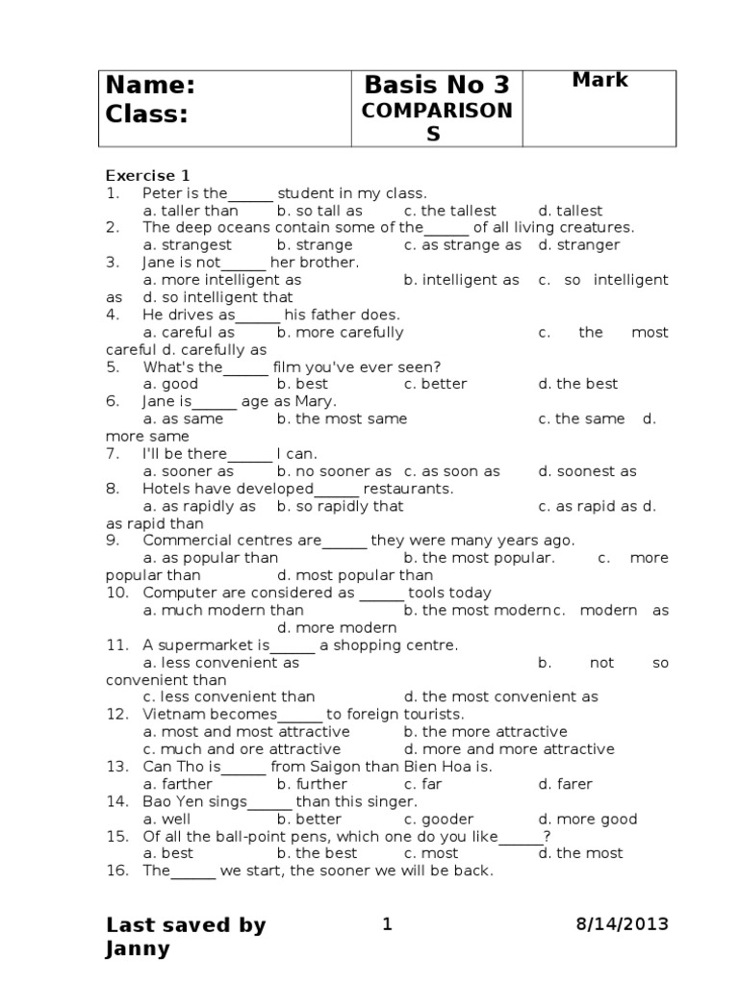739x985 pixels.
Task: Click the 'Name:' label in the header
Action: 150,86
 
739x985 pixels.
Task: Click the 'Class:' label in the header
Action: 146,114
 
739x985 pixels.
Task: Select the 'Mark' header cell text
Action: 599,80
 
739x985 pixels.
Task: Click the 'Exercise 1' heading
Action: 147,175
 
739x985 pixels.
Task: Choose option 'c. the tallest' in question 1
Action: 449,211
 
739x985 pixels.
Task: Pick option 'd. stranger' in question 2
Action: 578,245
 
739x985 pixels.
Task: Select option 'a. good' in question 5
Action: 170,384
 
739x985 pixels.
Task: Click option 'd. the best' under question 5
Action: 577,384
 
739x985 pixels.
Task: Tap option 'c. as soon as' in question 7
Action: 451,471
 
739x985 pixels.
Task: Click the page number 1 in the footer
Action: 388,924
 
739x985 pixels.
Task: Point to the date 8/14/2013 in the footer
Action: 622,924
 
